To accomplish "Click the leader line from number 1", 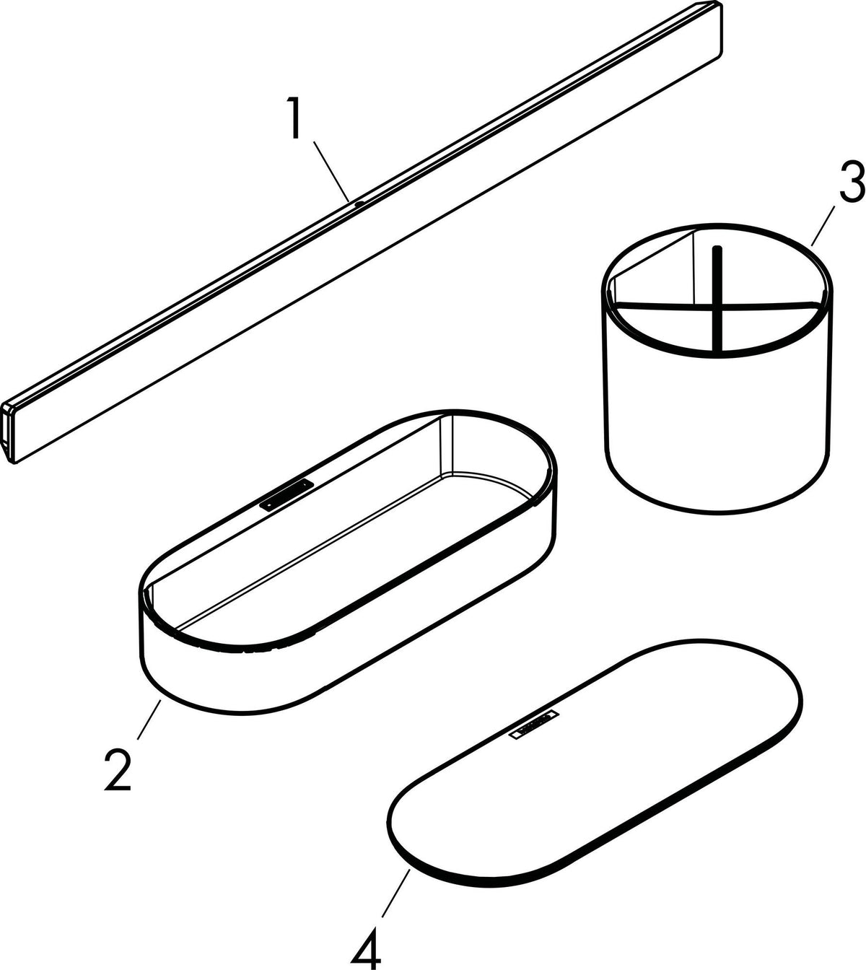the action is (x=331, y=170).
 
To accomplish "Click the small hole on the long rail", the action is (x=359, y=204).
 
